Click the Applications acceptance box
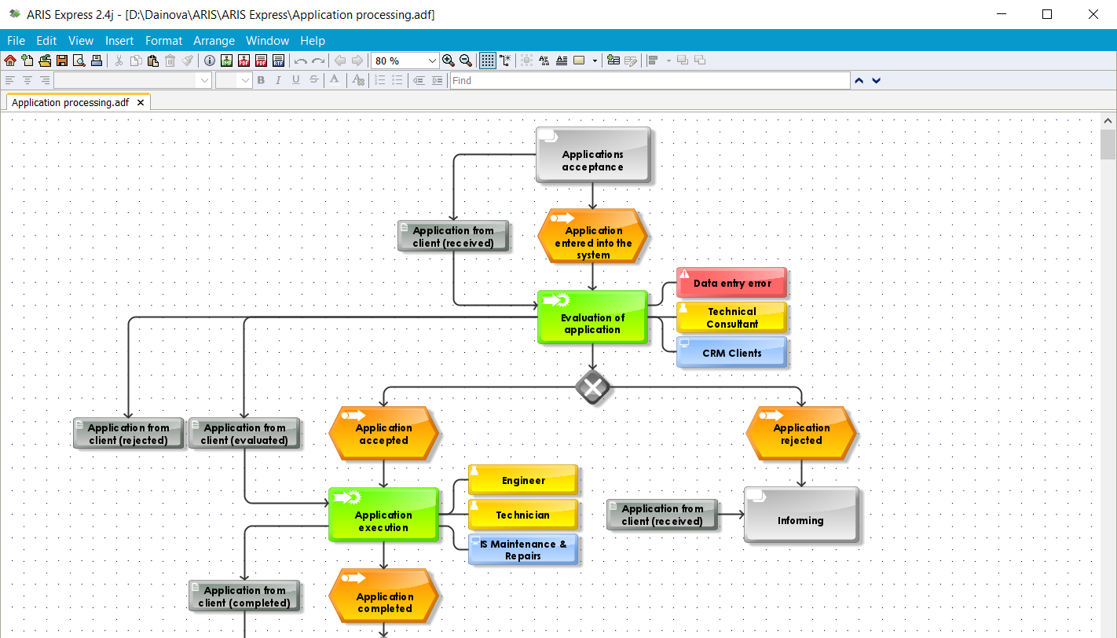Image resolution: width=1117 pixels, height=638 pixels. (593, 156)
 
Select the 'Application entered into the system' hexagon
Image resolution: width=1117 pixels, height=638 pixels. (593, 236)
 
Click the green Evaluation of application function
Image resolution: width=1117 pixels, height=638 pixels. (592, 317)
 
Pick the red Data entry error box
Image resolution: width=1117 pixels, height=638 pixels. (731, 283)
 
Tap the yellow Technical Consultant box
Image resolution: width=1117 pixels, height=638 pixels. (731, 317)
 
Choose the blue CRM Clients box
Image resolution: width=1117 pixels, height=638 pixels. (731, 353)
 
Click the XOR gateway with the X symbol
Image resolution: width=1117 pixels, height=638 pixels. (593, 387)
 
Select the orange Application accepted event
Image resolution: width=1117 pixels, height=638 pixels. (383, 434)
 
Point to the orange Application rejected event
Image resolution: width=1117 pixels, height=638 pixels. (801, 434)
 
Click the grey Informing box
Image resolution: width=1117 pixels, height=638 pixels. (800, 515)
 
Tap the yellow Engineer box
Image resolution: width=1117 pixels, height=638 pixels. (523, 480)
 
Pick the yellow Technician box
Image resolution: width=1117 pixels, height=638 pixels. (523, 515)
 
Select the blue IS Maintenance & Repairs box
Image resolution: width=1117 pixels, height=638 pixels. (523, 549)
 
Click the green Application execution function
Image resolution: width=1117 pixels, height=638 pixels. (383, 515)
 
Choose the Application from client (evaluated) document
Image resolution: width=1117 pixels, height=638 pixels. (244, 434)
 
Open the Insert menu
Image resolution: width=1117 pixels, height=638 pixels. (119, 41)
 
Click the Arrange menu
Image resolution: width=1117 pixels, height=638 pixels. (214, 41)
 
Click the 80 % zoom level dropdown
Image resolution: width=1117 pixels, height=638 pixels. (405, 60)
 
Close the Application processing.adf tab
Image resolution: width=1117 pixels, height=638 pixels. (141, 103)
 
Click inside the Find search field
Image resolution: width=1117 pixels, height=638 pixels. (649, 80)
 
